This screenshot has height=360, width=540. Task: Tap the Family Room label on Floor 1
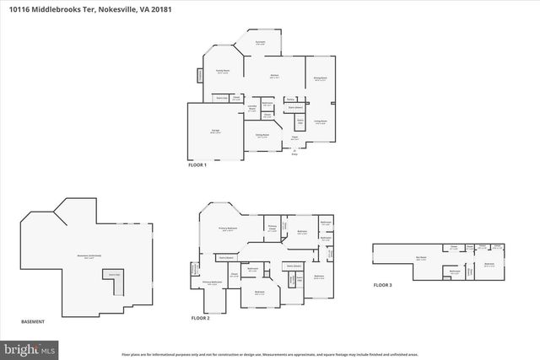click(x=223, y=72)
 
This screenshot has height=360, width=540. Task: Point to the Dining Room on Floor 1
click(x=321, y=79)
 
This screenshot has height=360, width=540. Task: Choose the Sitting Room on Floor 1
click(x=262, y=135)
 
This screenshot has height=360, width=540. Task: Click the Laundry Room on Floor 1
click(x=251, y=108)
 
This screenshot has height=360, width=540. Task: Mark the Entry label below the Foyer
click(x=294, y=155)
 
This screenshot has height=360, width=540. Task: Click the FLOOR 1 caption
click(x=197, y=165)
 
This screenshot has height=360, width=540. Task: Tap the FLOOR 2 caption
click(x=200, y=318)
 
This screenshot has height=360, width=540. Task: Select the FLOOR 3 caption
click(x=383, y=286)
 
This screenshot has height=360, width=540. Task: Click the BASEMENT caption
click(x=32, y=322)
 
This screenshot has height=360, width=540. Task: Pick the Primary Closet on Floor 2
click(x=273, y=228)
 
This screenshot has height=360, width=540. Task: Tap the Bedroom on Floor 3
click(x=489, y=264)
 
